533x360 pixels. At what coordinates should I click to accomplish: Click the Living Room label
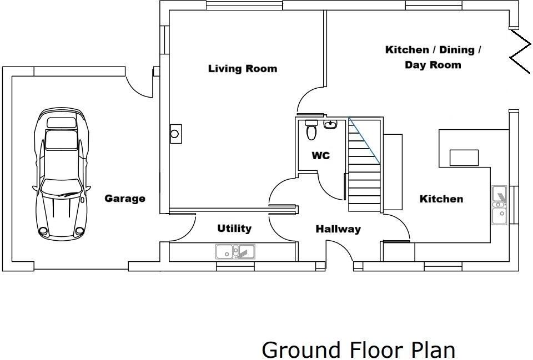[x=242, y=69]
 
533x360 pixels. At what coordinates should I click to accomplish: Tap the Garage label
[x=125, y=199]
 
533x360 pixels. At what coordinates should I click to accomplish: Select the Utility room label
[x=234, y=229]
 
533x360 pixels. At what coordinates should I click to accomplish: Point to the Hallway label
[x=338, y=229]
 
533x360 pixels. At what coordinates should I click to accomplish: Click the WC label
[x=320, y=156]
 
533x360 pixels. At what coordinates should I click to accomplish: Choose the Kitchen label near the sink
[x=441, y=199]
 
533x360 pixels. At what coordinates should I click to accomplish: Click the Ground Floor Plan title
[x=358, y=350]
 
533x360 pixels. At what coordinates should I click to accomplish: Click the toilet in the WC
[x=311, y=130]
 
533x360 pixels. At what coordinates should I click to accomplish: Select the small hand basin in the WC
[x=330, y=124]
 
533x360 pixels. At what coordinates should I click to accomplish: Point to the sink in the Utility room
[x=235, y=252]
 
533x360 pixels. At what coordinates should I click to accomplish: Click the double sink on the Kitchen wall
[x=499, y=205]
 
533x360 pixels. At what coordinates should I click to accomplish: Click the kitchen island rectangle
[x=464, y=158]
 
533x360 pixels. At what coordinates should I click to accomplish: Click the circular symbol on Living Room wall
[x=175, y=134]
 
